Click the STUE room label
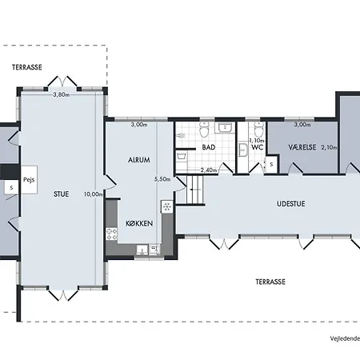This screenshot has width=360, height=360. click(x=61, y=194)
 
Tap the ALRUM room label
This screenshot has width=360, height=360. click(x=139, y=160)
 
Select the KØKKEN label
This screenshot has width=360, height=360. click(x=139, y=223)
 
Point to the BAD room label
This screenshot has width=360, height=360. click(x=209, y=147)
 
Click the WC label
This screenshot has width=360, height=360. click(x=257, y=147)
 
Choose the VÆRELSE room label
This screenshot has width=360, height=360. click(x=302, y=147)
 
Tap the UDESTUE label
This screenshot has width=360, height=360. click(x=290, y=204)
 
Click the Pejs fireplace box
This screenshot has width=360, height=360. click(x=29, y=180)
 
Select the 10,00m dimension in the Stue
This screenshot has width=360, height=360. click(x=93, y=194)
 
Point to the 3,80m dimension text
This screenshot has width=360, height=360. click(x=61, y=94)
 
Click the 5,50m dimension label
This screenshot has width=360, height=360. click(x=162, y=179)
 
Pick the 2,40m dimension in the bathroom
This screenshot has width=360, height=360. click(x=209, y=170)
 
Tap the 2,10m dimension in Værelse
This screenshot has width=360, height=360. click(x=329, y=147)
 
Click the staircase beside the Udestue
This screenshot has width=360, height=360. click(x=194, y=190)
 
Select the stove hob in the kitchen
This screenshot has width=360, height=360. click(x=111, y=234)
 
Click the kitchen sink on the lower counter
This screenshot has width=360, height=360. click(x=142, y=250)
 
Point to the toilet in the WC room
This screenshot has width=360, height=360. click(x=258, y=130)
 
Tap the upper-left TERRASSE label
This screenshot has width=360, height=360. click(x=27, y=67)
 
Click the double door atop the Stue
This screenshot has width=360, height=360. click(x=62, y=82)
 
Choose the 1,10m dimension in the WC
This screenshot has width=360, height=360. click(x=257, y=140)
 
